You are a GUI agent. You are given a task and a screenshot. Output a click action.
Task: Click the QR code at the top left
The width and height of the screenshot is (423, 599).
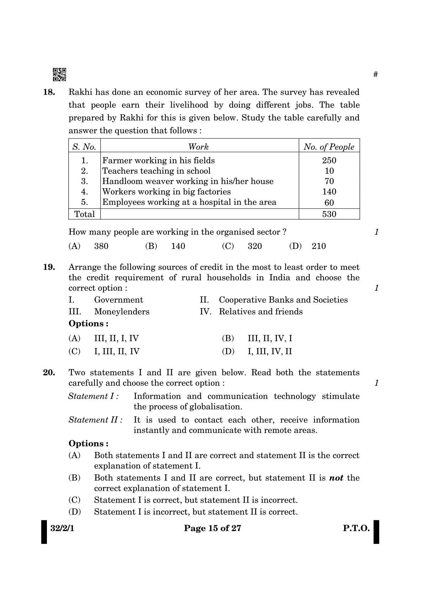click(59, 74)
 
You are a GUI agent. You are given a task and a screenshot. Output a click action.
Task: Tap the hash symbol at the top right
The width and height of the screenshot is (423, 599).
click(375, 74)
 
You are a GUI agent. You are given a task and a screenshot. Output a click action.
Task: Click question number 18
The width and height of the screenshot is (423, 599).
click(49, 92)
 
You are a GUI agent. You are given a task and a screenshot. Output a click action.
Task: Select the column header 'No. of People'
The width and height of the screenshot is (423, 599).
click(329, 147)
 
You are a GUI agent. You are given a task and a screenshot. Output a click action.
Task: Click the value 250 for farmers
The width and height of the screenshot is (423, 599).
click(329, 161)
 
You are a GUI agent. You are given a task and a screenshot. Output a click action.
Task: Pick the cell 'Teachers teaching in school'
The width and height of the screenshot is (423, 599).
click(156, 171)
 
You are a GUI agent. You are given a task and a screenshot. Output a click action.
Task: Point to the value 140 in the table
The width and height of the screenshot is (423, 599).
click(329, 192)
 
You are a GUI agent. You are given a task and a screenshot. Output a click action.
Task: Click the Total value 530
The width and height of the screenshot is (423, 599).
click(329, 214)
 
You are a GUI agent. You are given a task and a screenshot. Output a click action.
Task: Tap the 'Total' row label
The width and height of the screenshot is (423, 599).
click(85, 214)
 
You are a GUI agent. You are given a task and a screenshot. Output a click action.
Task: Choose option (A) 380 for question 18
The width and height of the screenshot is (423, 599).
click(89, 246)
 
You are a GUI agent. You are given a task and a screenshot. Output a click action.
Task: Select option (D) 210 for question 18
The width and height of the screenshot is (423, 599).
click(308, 246)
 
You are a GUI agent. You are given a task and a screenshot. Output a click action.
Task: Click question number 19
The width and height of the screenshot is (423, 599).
click(49, 267)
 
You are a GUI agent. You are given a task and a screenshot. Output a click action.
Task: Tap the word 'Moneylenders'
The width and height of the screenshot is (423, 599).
click(122, 312)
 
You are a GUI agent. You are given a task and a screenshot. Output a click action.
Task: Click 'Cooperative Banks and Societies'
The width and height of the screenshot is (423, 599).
click(283, 300)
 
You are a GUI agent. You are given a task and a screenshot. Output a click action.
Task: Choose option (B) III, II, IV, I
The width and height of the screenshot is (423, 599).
click(257, 338)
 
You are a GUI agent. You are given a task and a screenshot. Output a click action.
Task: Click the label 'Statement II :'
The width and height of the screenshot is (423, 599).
click(96, 420)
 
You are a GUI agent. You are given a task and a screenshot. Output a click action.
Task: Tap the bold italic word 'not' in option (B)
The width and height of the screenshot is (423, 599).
click(336, 478)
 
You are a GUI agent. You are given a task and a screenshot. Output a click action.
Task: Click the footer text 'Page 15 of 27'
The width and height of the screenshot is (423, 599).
click(213, 528)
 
